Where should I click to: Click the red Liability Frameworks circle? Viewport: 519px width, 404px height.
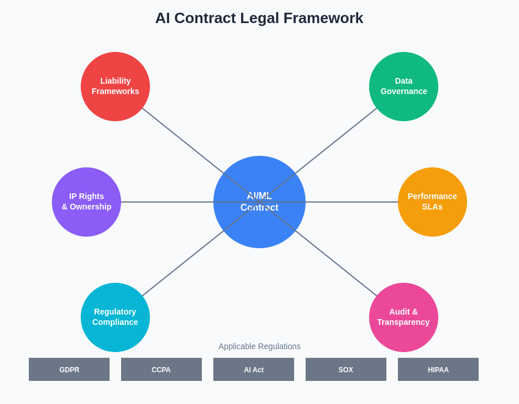pos(115,87)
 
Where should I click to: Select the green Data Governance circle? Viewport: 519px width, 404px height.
pos(404,87)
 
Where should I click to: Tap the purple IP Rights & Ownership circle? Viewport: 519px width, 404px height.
pos(86,202)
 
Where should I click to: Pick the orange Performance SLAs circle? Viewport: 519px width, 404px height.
pos(432,202)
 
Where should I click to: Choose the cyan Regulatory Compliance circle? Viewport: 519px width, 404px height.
pos(115,317)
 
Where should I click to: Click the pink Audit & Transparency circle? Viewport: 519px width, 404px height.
pos(404,317)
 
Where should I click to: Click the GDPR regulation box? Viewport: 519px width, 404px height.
pos(69,369)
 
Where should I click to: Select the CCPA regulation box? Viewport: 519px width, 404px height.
pos(161,369)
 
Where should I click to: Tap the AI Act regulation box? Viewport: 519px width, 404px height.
pos(254,369)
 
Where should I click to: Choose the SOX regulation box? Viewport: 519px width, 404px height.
pos(346,369)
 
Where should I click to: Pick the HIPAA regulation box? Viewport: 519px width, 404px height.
pos(438,369)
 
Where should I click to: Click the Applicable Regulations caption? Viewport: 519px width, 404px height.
pos(259,346)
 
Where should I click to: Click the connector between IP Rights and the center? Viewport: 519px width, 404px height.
pos(167,202)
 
